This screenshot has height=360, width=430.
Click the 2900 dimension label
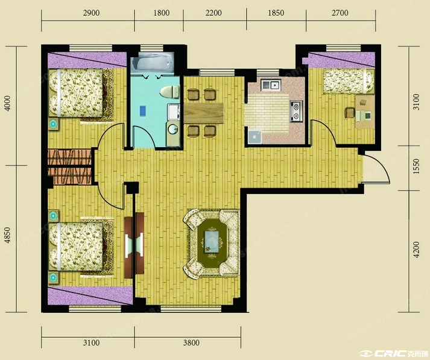[91, 13]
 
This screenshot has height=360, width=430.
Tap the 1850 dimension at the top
[276, 13]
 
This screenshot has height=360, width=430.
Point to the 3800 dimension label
[191, 343]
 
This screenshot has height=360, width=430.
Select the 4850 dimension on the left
[8, 235]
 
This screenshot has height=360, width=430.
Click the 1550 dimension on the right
[416, 166]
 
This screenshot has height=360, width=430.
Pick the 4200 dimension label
[416, 250]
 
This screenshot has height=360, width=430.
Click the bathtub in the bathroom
[152, 63]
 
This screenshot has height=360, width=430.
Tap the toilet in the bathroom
[169, 92]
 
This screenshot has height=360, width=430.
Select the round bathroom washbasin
[172, 129]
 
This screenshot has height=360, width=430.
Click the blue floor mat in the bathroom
[142, 110]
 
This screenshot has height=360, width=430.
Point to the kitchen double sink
[270, 84]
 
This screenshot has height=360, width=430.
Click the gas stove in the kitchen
[297, 112]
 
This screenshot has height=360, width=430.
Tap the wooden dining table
[203, 113]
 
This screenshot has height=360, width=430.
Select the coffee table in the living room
[212, 241]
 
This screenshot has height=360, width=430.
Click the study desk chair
[350, 113]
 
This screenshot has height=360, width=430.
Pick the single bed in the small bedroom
[348, 81]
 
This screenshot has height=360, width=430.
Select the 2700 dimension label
[340, 13]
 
